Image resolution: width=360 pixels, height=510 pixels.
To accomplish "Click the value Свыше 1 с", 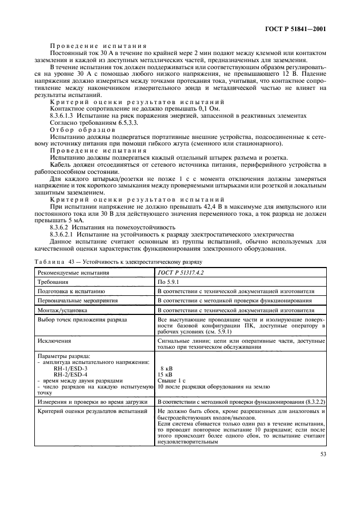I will [x=171, y=380].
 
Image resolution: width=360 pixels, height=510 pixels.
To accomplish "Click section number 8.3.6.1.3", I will [x=64, y=114].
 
